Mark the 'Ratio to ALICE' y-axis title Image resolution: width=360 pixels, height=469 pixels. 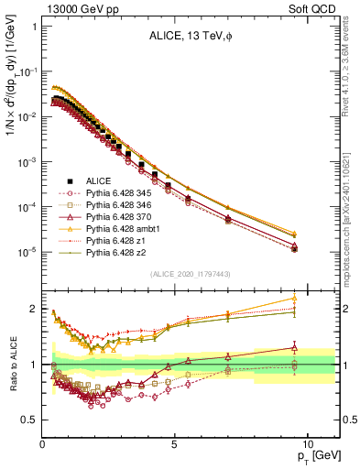coord(13,365)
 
